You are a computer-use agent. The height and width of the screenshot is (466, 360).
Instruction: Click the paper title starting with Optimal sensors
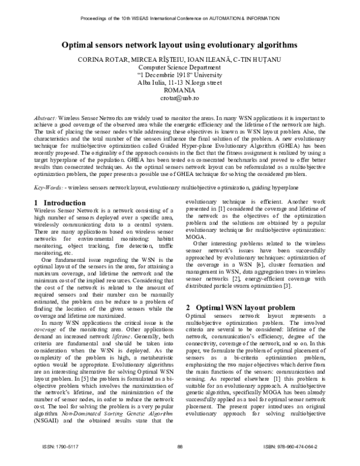click(179, 45)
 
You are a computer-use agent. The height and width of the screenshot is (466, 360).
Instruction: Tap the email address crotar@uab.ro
click(179, 97)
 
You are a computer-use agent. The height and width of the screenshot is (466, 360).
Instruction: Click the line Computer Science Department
click(179, 68)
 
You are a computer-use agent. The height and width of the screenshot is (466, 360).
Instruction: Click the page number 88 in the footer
click(179, 446)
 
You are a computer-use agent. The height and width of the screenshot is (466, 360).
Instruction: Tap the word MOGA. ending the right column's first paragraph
click(196, 235)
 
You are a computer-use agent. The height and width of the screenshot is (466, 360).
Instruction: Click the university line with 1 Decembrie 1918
click(179, 75)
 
